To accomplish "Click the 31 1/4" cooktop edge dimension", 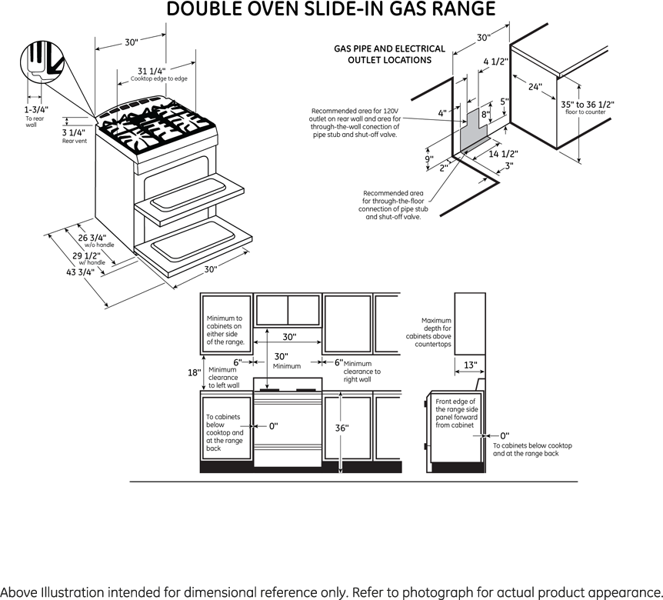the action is [152, 71].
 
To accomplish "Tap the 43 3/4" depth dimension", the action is [80, 272].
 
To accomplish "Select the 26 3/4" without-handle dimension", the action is [92, 238].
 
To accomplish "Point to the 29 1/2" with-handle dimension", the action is [86, 256].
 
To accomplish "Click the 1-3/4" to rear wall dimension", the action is [36, 109].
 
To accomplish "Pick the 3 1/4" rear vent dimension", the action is [74, 133].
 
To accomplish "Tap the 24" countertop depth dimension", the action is [535, 87].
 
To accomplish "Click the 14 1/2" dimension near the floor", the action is [503, 154].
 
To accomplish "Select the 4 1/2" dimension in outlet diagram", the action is [495, 62].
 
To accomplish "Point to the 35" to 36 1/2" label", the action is [588, 105].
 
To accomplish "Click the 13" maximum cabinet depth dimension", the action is [470, 365].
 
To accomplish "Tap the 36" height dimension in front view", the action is [341, 428].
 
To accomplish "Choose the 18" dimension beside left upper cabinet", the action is [194, 372].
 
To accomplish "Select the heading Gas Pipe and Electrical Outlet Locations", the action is [389, 55].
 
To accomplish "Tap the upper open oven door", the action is [189, 202].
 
